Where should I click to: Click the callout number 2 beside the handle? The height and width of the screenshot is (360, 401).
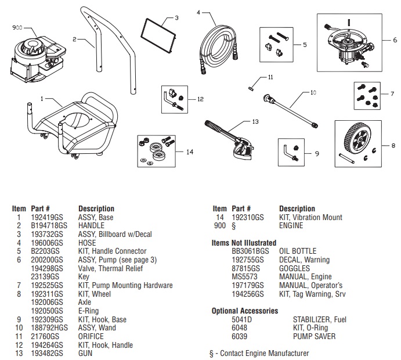(x=75, y=39)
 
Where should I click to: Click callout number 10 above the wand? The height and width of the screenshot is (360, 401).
(x=313, y=92)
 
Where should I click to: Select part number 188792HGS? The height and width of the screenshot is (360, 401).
(x=47, y=328)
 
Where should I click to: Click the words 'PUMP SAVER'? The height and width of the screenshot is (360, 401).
(x=314, y=336)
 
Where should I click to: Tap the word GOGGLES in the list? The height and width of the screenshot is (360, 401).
(x=294, y=268)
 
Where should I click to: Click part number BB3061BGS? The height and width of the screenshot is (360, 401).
(x=250, y=251)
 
